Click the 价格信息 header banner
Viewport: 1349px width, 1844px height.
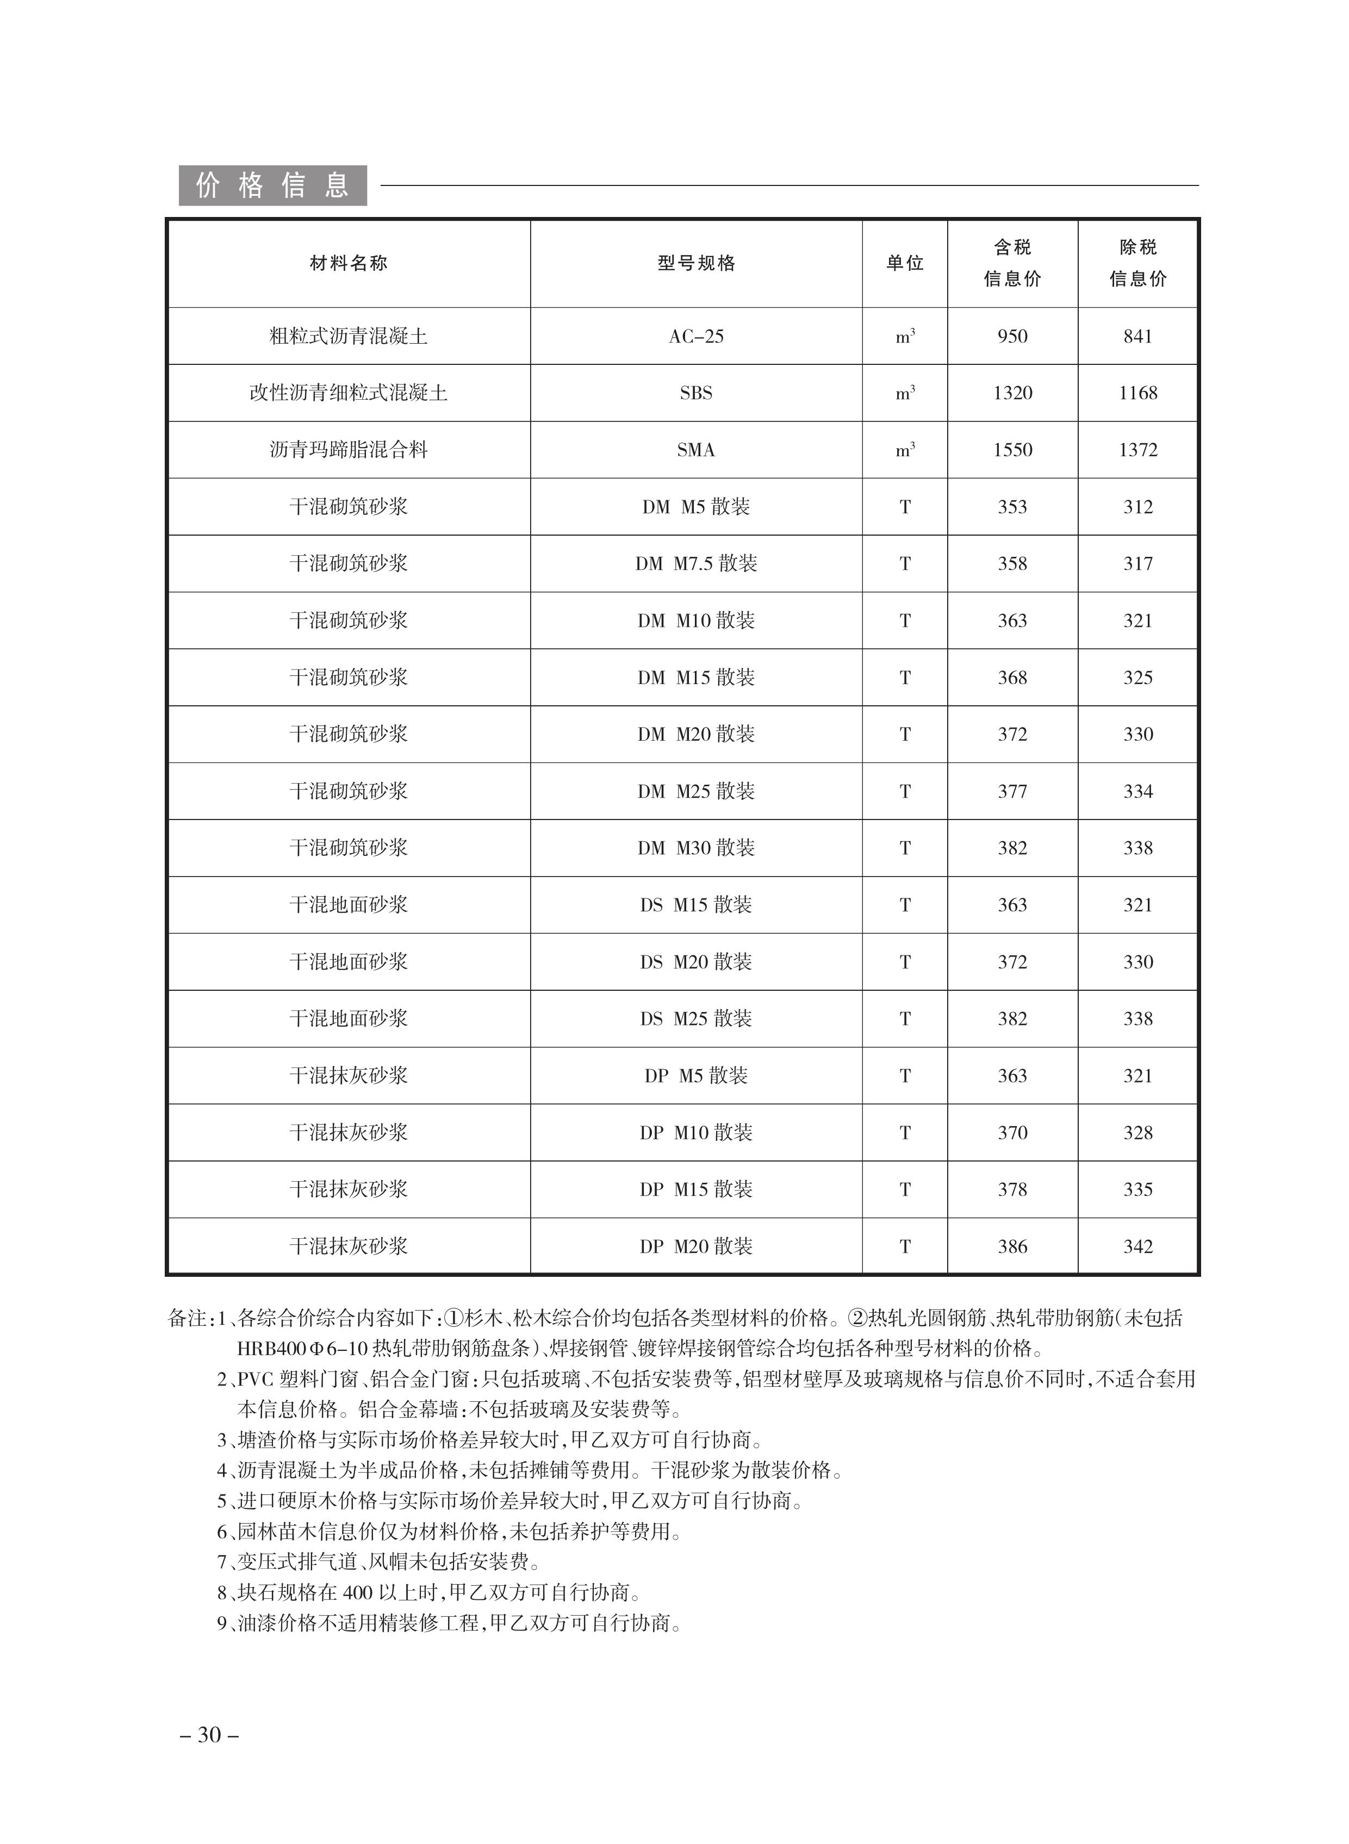pyautogui.click(x=273, y=186)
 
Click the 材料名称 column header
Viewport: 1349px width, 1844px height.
pyautogui.click(x=349, y=263)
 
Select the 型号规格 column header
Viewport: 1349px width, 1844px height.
pyautogui.click(x=696, y=263)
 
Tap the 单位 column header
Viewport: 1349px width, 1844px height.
pyautogui.click(x=905, y=263)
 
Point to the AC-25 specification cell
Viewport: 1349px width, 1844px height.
pyautogui.click(x=696, y=337)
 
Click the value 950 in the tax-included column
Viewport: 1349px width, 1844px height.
pyautogui.click(x=1012, y=337)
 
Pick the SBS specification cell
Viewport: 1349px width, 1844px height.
pyautogui.click(x=696, y=393)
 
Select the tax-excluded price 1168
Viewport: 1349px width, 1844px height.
pyautogui.click(x=1137, y=393)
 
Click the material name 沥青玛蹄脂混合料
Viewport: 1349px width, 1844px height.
pyautogui.click(x=349, y=450)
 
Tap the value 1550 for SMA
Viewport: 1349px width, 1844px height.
pyautogui.click(x=1012, y=450)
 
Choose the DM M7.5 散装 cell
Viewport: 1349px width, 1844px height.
pyautogui.click(x=696, y=563)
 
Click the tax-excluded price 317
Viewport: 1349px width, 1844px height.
pyautogui.click(x=1137, y=563)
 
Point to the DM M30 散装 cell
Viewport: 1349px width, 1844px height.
pyautogui.click(x=696, y=848)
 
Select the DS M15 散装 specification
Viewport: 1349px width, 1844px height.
pyautogui.click(x=696, y=905)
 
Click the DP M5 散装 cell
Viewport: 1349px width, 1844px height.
pyautogui.click(x=696, y=1076)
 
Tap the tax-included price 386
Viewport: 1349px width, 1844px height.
pyautogui.click(x=1012, y=1246)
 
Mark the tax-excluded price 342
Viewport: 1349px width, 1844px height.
pyautogui.click(x=1137, y=1246)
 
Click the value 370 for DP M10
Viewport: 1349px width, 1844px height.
pyautogui.click(x=1012, y=1133)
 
